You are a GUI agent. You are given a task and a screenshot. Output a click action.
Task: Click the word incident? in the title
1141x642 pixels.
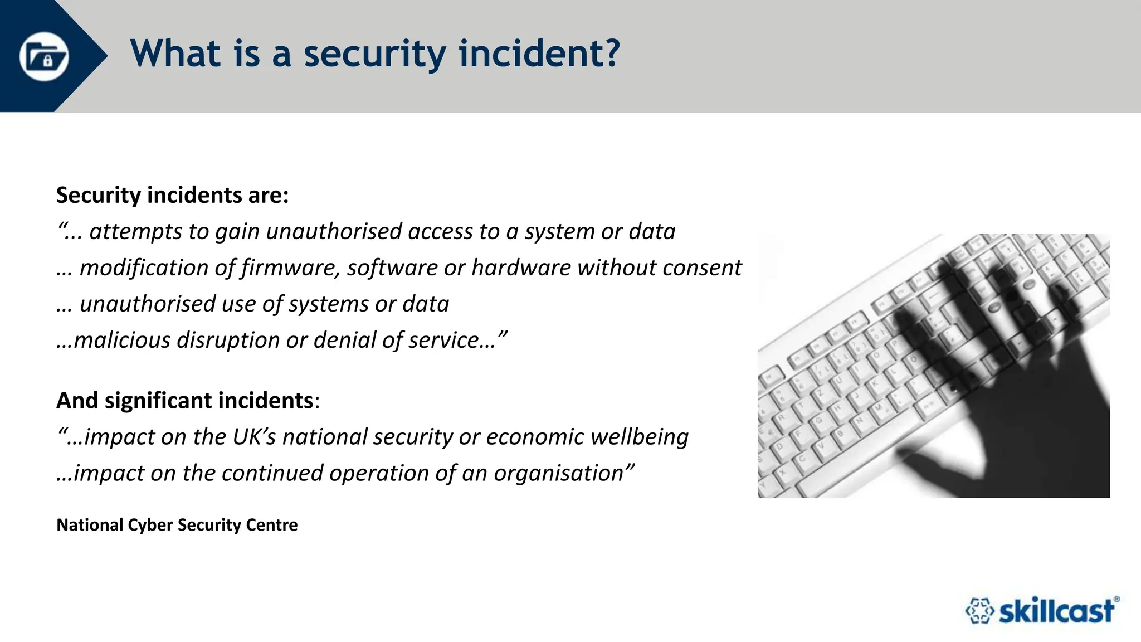pos(539,54)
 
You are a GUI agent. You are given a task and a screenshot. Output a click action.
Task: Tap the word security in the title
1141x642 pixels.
pos(374,54)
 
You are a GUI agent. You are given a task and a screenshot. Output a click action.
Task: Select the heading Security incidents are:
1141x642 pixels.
pos(173,195)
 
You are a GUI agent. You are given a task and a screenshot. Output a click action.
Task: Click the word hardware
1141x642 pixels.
pos(521,267)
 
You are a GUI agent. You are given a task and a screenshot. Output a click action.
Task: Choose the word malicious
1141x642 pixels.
pos(121,340)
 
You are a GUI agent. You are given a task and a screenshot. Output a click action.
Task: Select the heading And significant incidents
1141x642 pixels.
pos(185,400)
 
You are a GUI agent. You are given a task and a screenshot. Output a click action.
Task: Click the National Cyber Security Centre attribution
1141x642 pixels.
pos(177,524)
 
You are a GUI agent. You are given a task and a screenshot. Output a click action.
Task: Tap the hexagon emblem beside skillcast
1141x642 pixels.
pos(979,611)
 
